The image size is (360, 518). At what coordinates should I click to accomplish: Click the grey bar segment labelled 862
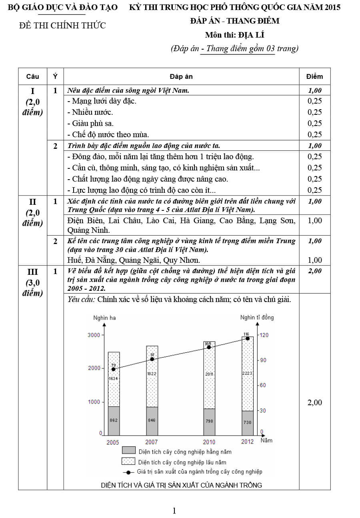114,421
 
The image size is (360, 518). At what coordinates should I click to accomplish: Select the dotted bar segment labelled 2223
248,384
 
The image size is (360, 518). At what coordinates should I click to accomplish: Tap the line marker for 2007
152,359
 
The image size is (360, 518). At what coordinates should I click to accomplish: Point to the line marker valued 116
248,338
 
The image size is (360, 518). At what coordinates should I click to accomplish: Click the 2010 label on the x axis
209,442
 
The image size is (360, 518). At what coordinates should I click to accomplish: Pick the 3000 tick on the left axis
94,335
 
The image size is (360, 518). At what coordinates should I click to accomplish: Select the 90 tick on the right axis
263,360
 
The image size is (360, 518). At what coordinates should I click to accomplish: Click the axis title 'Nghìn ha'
104,318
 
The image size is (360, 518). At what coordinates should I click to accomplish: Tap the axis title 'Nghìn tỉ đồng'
257,318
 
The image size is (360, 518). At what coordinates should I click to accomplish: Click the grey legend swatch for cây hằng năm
128,451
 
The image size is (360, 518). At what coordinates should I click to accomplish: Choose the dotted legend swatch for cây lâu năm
128,462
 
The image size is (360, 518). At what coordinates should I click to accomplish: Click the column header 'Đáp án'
181,76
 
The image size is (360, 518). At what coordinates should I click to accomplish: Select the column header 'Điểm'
314,76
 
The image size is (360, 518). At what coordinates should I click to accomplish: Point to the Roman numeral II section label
32,202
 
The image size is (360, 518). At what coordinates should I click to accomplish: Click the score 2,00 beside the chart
314,402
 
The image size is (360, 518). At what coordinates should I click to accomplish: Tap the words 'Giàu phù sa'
94,123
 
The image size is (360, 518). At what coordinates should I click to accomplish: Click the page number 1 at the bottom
174,510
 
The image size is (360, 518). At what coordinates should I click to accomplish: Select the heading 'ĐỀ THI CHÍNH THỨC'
63,26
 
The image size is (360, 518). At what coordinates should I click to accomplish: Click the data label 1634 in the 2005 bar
114,378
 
